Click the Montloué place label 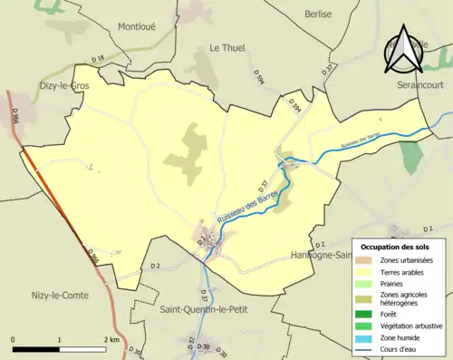137,26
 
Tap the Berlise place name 319,14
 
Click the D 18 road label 100,58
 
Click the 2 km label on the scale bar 111,339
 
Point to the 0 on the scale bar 14,339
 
